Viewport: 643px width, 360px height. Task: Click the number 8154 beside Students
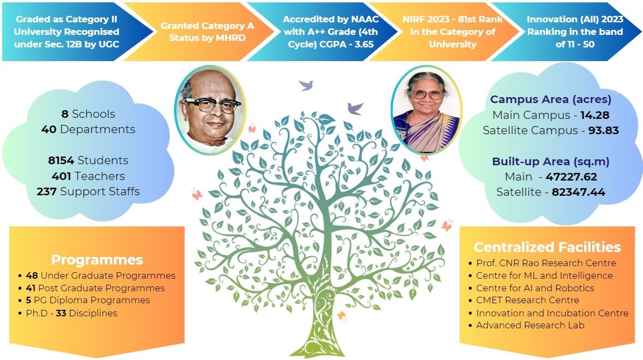[61, 160]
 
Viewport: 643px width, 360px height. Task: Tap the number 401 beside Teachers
[61, 176]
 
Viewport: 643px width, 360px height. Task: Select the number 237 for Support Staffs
[46, 191]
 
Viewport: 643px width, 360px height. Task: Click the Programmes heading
[97, 260]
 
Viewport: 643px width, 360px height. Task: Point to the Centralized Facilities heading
[547, 247]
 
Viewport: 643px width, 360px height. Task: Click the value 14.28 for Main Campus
[594, 115]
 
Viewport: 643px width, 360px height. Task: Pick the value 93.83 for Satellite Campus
[604, 130]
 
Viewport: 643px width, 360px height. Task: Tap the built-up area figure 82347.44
[578, 192]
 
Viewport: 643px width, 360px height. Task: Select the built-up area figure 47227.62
[571, 177]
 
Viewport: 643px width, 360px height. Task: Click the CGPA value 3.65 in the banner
[364, 44]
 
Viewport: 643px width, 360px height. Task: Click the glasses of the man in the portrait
[211, 105]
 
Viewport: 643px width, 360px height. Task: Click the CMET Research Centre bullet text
[528, 300]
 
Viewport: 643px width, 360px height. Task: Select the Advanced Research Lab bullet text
[530, 325]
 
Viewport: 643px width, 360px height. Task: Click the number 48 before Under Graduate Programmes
[32, 275]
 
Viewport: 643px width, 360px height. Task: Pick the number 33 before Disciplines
[61, 313]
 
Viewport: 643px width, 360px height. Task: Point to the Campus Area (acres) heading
[551, 99]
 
